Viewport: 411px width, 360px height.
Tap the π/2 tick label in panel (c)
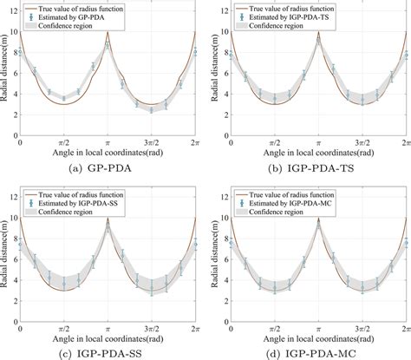(x=63, y=326)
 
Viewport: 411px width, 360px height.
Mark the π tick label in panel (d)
(x=317, y=326)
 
